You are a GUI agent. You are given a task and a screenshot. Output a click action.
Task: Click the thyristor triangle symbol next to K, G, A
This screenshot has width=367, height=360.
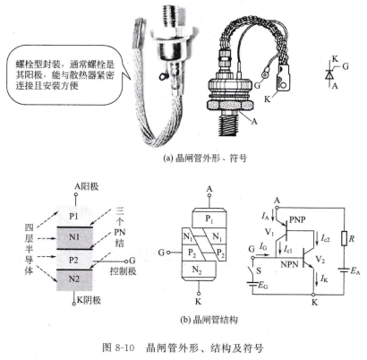(329, 74)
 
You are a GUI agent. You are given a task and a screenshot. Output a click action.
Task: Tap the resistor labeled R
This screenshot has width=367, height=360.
(344, 238)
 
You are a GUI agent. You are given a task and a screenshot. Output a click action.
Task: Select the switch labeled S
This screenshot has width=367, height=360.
(252, 271)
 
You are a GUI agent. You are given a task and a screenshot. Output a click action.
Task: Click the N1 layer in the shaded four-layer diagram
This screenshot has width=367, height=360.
(74, 237)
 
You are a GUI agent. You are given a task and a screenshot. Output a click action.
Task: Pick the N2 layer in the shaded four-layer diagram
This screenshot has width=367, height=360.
(74, 279)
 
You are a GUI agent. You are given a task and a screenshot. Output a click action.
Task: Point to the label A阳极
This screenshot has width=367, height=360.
(86, 187)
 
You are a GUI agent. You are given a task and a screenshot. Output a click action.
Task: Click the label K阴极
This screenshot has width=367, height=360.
(89, 300)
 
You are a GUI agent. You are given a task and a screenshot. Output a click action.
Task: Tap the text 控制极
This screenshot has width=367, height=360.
(124, 271)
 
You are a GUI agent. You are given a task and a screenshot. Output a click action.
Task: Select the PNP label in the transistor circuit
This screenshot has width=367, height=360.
(297, 219)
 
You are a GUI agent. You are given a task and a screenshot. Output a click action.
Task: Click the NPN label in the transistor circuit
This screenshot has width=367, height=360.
(289, 264)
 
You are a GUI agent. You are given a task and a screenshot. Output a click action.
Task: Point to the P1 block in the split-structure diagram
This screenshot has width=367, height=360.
(209, 219)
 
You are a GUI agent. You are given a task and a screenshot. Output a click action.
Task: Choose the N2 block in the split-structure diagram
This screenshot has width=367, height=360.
(197, 270)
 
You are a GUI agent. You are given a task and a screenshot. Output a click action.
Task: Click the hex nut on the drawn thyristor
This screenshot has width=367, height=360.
(230, 106)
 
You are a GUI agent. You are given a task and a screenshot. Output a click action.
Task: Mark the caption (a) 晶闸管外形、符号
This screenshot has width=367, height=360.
(205, 159)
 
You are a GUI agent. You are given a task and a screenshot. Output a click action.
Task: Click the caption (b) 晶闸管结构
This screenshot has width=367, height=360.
(209, 320)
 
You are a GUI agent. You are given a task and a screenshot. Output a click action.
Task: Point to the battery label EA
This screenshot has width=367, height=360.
(355, 271)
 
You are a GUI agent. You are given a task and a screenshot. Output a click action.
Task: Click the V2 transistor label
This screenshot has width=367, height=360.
(320, 260)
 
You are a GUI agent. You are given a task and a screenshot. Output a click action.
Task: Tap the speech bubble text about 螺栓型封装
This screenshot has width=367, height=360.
(64, 75)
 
